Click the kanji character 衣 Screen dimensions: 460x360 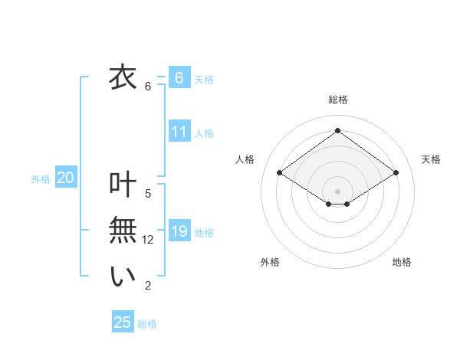click(x=123, y=77)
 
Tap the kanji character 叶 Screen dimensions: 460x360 click(x=123, y=185)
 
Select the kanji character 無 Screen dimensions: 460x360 click(x=123, y=231)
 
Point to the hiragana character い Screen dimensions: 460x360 click(x=123, y=277)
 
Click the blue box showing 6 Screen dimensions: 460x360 click(x=179, y=78)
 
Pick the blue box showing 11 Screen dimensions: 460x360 click(x=179, y=132)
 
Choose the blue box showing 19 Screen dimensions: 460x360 click(x=179, y=231)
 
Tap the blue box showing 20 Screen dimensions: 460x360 click(x=66, y=178)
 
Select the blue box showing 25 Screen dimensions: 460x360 click(x=123, y=322)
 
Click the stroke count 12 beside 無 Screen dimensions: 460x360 click(x=148, y=240)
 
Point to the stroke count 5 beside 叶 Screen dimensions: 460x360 click(x=148, y=194)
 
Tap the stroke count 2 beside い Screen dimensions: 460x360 click(x=148, y=286)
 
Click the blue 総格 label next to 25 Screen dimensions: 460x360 click(x=147, y=324)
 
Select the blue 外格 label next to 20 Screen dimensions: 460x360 click(x=41, y=179)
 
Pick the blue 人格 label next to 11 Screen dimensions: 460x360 click(x=204, y=133)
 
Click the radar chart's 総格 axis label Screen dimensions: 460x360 click(x=337, y=100)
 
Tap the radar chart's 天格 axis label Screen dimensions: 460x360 click(x=431, y=159)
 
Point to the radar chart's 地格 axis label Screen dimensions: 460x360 click(x=402, y=262)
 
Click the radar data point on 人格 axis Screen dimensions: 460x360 click(x=280, y=173)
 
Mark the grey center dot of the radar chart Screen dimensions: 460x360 click(x=337, y=191)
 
